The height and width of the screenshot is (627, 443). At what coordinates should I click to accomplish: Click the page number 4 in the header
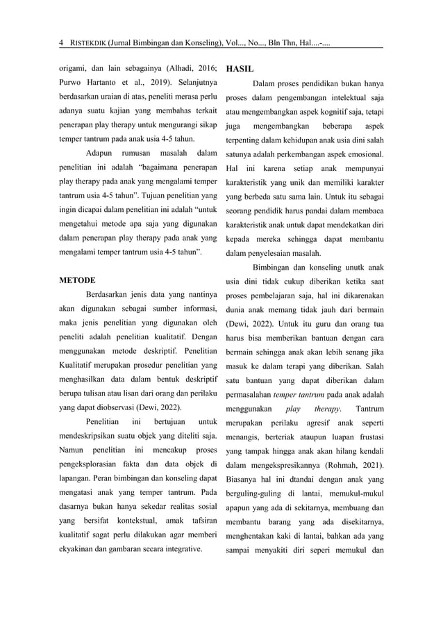tap(62, 42)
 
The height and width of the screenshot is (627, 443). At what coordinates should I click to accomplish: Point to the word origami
tap(73, 68)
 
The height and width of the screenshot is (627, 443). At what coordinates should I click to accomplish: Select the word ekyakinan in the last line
tap(79, 548)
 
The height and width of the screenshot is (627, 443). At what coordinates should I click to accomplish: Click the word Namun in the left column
tap(72, 450)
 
